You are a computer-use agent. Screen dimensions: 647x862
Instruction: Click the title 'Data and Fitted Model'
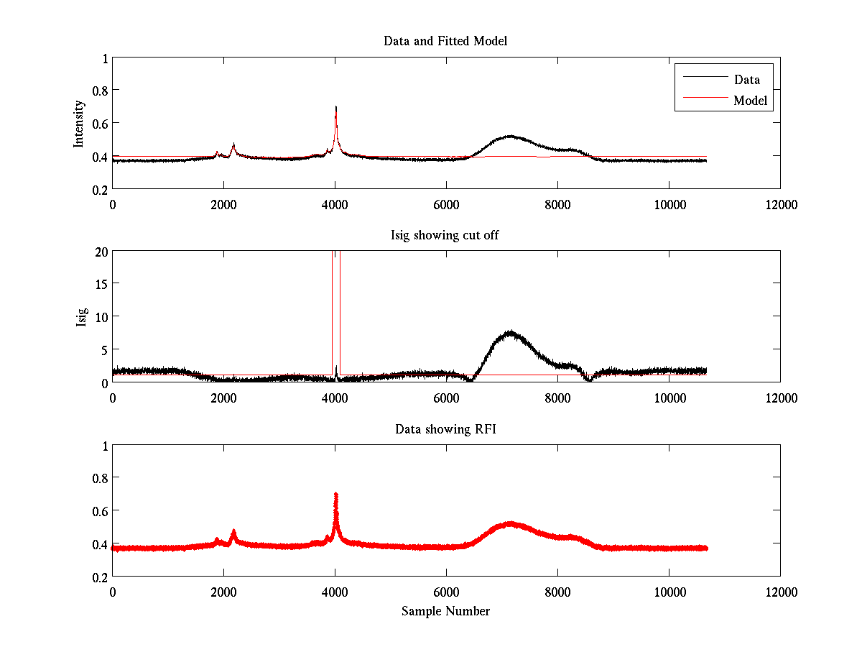445,41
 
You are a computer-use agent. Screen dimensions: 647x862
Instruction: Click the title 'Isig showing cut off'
445,235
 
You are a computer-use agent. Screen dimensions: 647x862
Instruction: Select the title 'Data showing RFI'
445,429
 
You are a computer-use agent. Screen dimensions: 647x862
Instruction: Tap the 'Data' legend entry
746,80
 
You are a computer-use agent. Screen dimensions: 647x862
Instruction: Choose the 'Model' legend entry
750,101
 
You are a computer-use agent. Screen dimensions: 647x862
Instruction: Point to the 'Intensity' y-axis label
80,124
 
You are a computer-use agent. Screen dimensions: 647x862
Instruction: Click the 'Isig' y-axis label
81,317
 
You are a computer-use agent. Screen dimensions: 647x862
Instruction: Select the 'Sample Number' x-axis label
445,611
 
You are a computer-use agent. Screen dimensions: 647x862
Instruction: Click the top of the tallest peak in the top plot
335,107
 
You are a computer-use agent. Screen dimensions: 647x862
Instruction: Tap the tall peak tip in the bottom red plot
335,495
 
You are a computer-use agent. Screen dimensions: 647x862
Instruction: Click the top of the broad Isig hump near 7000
511,332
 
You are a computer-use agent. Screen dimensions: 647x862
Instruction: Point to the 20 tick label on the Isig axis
100,252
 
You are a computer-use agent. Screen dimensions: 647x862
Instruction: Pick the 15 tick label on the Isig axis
100,284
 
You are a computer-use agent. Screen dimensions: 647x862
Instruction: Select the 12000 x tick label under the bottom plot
780,592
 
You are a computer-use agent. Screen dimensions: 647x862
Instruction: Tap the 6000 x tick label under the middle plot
446,398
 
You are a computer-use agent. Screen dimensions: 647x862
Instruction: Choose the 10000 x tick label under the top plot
669,205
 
